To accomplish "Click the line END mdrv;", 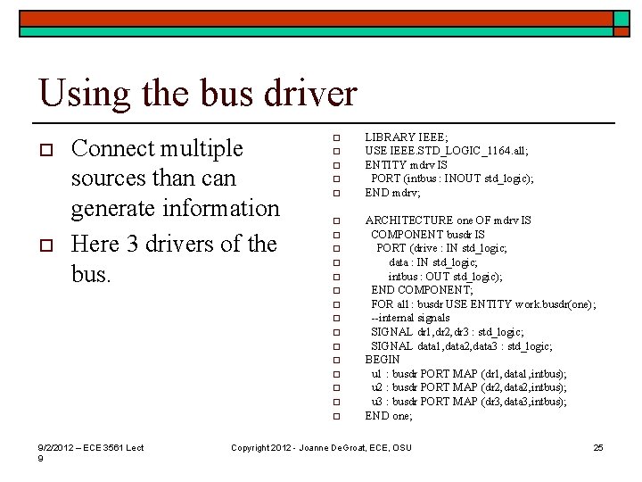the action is [x=393, y=192].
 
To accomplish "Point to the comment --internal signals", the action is [x=411, y=318].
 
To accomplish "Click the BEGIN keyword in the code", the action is [x=383, y=360].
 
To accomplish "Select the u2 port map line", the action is [x=468, y=387].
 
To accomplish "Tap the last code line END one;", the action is [x=389, y=415].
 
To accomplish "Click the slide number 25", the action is [x=598, y=447].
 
